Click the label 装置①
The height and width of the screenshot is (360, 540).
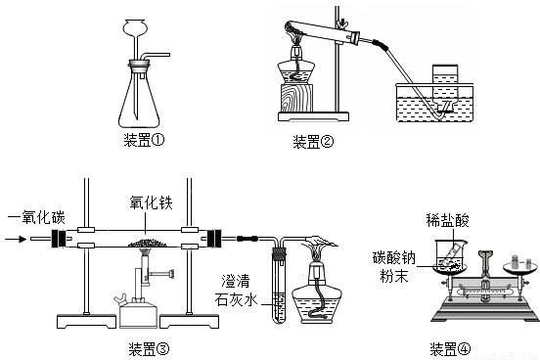(144, 140)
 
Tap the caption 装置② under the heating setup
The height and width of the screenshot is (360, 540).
(313, 142)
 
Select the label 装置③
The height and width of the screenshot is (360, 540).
(149, 349)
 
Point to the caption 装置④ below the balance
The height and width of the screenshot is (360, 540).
(450, 349)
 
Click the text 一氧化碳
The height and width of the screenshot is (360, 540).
(36, 217)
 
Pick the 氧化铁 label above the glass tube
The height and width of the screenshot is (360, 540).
(151, 202)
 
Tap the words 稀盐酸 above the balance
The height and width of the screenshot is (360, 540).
(447, 220)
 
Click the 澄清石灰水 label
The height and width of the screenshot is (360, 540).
(237, 291)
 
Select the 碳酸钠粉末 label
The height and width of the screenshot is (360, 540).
(394, 267)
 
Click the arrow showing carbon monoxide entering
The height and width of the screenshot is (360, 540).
(16, 239)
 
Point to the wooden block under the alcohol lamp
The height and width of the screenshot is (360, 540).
(296, 98)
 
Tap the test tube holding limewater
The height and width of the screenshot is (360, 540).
(280, 287)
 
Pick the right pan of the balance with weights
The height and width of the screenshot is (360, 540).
(520, 267)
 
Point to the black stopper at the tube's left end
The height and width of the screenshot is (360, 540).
(59, 239)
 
